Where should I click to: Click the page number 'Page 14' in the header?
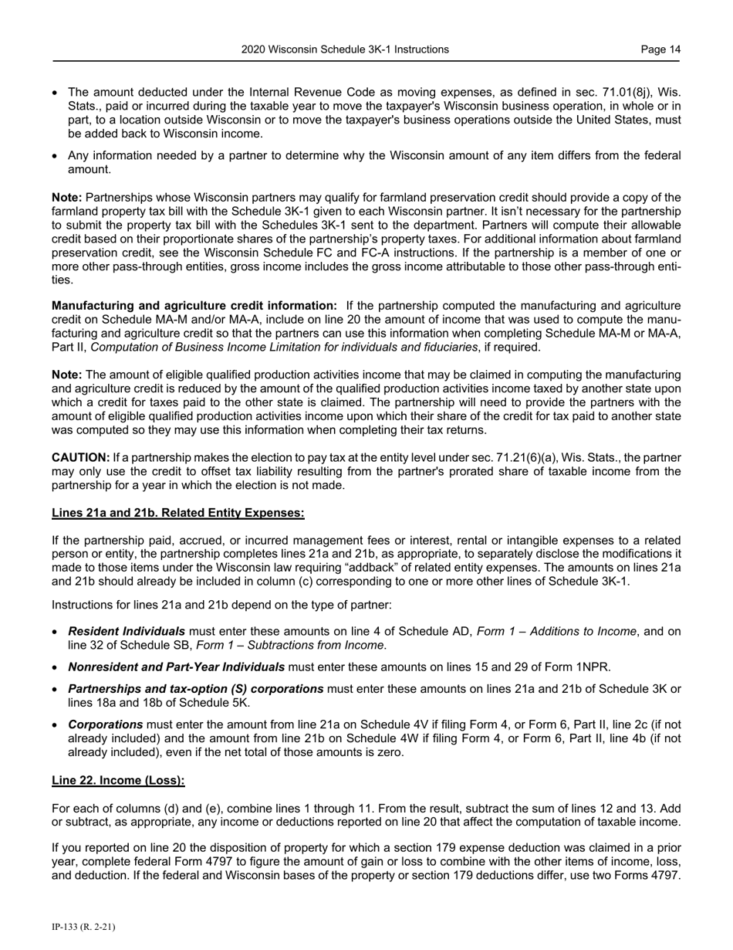click(x=660, y=49)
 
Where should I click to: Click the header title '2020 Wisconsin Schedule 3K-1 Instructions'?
click(x=345, y=49)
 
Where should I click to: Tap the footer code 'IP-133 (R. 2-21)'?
click(x=83, y=927)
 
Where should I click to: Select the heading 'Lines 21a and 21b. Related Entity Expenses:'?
click(x=178, y=513)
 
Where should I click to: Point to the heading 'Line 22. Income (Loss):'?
click(x=118, y=780)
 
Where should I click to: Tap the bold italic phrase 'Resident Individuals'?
click(x=127, y=632)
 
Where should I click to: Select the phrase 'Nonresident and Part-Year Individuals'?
click(x=176, y=667)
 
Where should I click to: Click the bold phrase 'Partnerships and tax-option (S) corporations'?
click(x=196, y=689)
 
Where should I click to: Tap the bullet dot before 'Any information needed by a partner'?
click(x=55, y=157)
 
